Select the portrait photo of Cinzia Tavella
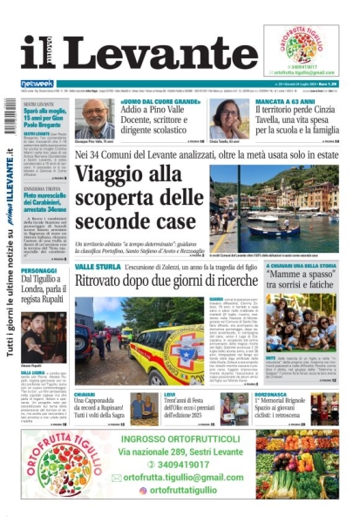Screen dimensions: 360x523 (x=228, y=119)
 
